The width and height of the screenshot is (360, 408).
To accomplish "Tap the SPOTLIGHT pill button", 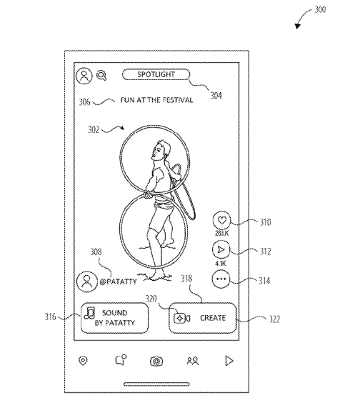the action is (156, 74).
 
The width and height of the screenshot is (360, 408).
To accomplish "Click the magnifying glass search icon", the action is (101, 76).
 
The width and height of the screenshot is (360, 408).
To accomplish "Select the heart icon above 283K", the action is (221, 220).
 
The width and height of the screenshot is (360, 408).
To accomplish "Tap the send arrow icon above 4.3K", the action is (221, 250).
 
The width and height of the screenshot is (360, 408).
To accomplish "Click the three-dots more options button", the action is (221, 279).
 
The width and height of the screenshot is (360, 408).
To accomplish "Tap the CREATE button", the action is (203, 318).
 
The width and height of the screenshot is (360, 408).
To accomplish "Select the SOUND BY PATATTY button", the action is (114, 318).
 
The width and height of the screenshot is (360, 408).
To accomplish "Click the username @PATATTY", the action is (118, 282).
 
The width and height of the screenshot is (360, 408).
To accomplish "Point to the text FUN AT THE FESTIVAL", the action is (156, 100).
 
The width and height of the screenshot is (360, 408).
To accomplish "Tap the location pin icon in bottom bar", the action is (83, 361).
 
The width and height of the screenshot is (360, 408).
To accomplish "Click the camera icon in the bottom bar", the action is (156, 361).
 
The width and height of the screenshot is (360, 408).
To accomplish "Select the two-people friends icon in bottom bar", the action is (193, 361).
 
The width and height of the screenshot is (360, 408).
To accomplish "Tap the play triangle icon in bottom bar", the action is (229, 361).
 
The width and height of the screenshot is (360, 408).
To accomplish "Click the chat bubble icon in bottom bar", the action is (121, 360).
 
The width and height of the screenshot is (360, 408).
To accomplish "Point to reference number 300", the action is (320, 9).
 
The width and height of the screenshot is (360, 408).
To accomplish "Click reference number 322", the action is (274, 319).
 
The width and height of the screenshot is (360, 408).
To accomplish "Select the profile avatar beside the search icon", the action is (84, 76).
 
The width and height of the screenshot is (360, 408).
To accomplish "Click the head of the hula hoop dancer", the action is (161, 150).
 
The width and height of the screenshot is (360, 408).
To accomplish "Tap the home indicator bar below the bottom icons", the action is (156, 384).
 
